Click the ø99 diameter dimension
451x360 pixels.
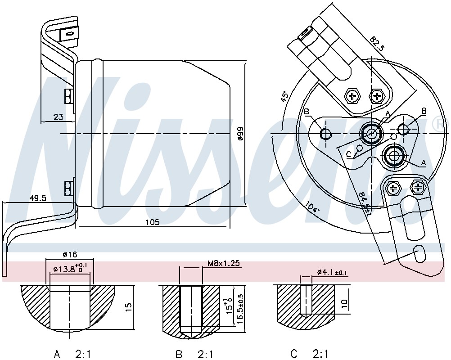240,133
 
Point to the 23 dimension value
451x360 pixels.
58,117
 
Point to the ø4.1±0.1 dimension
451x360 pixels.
332,272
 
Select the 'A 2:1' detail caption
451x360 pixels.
73,355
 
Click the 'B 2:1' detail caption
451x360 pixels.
194,355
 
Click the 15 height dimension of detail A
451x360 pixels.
129,307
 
